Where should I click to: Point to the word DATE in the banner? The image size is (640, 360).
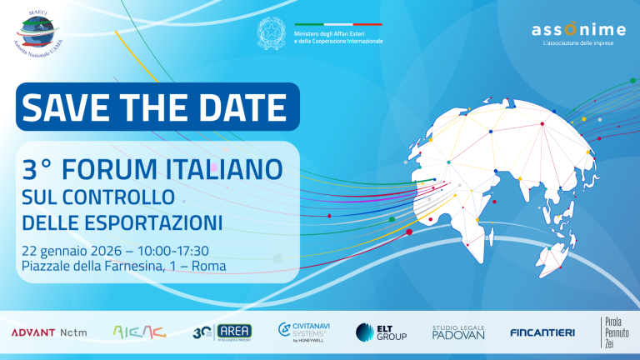click(243, 106)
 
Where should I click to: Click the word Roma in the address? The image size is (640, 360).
click(207, 267)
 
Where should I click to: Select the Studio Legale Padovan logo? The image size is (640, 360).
click(458, 332)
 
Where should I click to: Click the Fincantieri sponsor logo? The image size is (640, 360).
click(542, 332)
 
